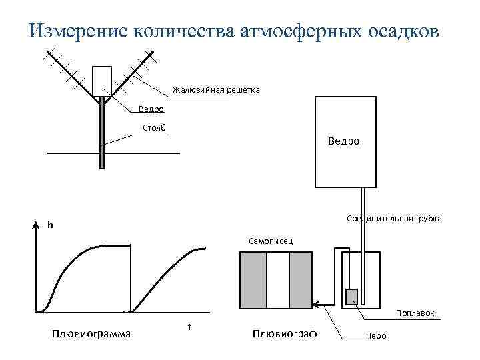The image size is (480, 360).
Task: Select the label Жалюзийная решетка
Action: pos(216,89)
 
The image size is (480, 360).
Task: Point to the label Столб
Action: pos(154,128)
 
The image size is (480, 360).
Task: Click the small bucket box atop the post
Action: pos(102,81)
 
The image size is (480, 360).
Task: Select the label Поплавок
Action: pos(415,313)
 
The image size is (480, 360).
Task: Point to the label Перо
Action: pos(376,335)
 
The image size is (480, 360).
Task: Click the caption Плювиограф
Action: pos(284,333)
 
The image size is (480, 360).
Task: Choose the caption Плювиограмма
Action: pos(91,333)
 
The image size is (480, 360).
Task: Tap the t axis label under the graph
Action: pos(189,327)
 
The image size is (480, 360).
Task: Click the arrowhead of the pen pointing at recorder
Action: pos(318,305)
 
